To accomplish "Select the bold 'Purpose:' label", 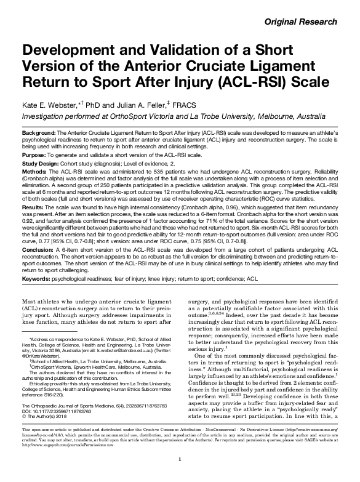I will click(x=33, y=157).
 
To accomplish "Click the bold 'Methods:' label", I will click(x=34, y=172).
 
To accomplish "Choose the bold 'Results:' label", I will click(x=33, y=209).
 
